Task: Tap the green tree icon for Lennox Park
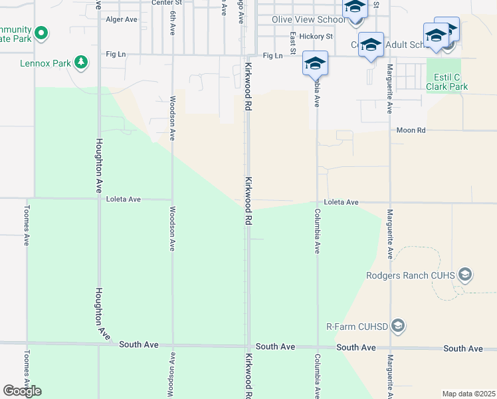[81, 63]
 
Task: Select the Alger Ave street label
[122, 19]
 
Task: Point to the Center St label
[166, 3]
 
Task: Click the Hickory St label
[316, 36]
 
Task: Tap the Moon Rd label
[411, 131]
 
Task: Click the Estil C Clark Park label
[447, 82]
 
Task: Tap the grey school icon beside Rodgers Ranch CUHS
[465, 275]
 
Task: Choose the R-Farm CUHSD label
[357, 326]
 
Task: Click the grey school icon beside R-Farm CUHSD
[398, 325]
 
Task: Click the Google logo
[22, 391]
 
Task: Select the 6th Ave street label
[173, 23]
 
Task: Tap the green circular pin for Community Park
[41, 32]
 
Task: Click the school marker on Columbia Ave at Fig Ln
[315, 64]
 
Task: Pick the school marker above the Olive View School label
[355, 7]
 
